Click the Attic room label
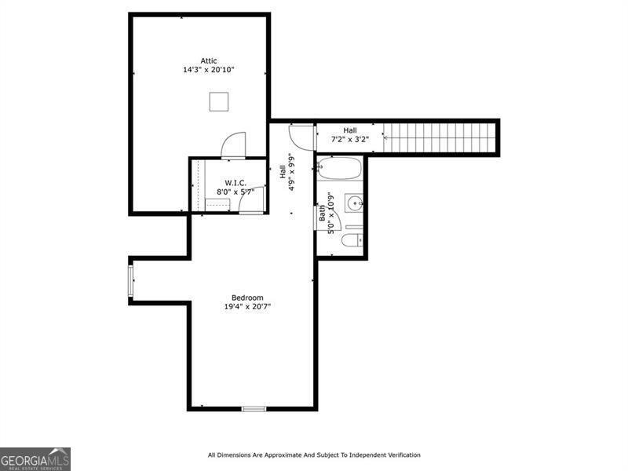pos(208,60)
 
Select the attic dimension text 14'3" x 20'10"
pos(208,70)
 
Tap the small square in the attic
pos(219,101)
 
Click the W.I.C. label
pos(225,183)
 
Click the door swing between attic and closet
pos(233,145)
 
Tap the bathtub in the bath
pos(339,168)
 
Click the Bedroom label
pos(247,298)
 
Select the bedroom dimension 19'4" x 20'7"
pos(247,307)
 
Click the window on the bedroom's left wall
pos(131,281)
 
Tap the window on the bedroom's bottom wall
pos(254,408)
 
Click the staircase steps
pos(440,138)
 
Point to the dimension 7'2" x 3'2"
pos(349,139)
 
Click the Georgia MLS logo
pos(35,458)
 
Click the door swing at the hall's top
pos(301,136)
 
